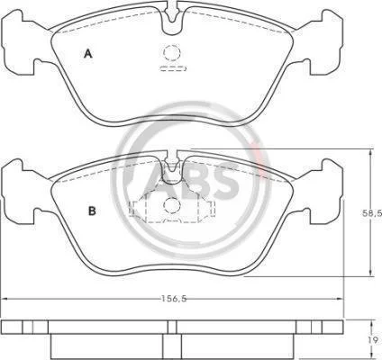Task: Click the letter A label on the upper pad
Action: coord(87,54)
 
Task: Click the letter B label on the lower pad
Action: coord(92,211)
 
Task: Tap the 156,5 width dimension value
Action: coord(174,299)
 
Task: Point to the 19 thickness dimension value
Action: coord(374,340)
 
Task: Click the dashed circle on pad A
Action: coord(172,52)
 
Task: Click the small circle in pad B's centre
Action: coord(172,205)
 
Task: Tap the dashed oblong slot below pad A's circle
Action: coord(173,68)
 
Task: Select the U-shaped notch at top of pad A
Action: coord(172,20)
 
